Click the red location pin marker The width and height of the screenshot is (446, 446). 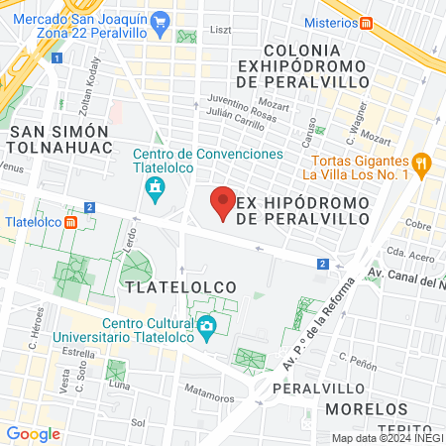pos(224,203)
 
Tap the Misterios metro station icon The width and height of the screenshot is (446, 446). pos(367,23)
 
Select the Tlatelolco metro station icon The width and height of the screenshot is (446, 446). pos(71,221)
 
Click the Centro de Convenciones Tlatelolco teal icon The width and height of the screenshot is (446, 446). pos(155,188)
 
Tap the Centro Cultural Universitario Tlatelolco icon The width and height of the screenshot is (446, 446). pos(206,326)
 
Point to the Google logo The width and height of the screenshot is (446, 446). pos(34,433)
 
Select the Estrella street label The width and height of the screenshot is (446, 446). pos(77,352)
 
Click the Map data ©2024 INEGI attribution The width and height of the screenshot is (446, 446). pos(388,437)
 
